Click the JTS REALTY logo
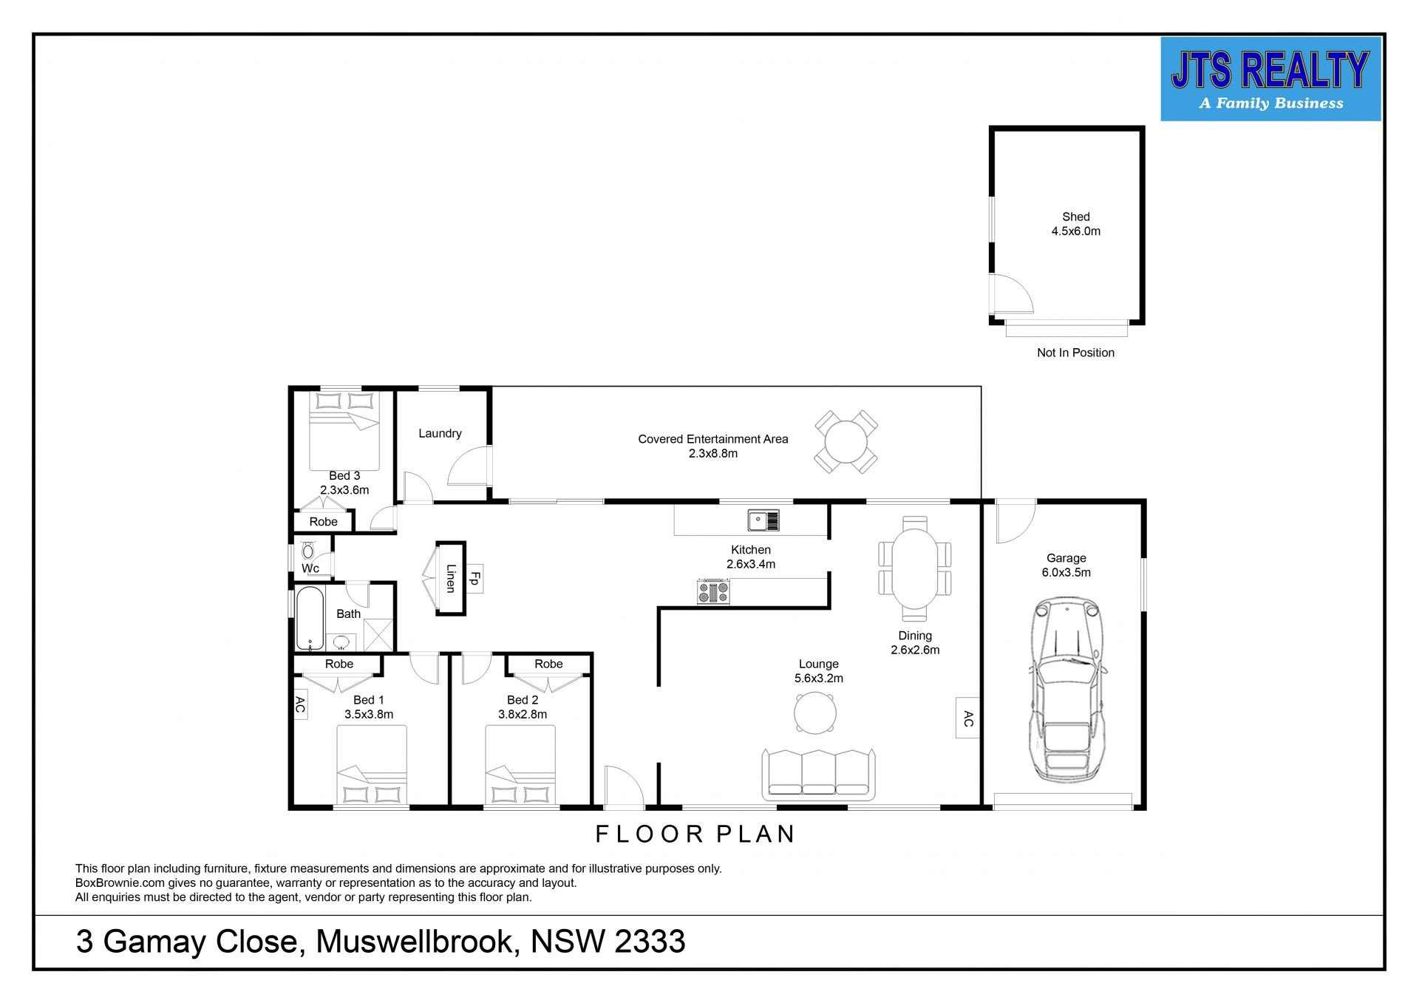click(x=1270, y=79)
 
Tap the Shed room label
click(x=1075, y=217)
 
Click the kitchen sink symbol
click(x=763, y=520)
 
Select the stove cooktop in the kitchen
click(x=713, y=593)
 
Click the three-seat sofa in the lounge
click(x=819, y=774)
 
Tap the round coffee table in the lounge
click(x=815, y=713)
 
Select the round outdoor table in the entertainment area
click(x=846, y=443)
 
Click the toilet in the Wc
click(x=308, y=551)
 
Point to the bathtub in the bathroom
click(x=309, y=618)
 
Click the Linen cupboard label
click(x=450, y=578)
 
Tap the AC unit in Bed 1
click(x=300, y=704)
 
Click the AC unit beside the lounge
click(x=968, y=718)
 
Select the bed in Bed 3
click(x=344, y=431)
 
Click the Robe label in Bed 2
click(x=548, y=664)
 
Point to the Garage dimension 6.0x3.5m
click(x=1066, y=572)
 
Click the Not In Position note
click(x=1075, y=353)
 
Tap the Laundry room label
click(x=440, y=433)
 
